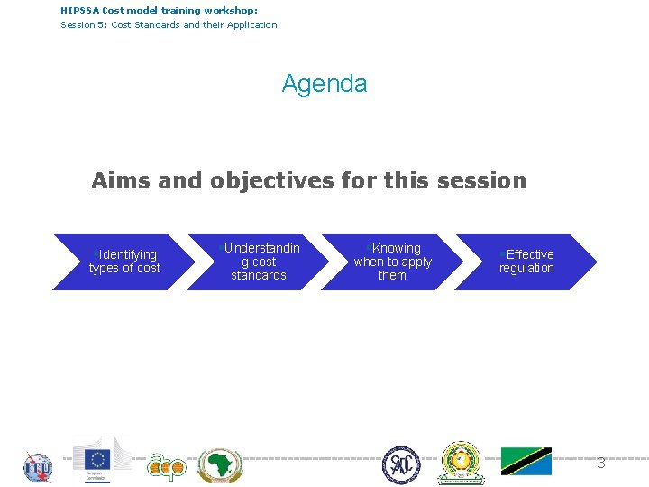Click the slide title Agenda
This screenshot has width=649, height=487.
324,84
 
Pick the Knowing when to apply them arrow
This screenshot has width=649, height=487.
392,262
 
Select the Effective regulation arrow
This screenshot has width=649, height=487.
526,262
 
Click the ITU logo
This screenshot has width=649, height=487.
38,466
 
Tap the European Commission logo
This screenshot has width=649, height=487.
101,460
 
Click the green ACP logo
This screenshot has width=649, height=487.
166,465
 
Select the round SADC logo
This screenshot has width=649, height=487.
400,465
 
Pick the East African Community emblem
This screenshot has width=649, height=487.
461,463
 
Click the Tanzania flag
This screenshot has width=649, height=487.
526,461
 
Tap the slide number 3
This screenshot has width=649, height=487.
600,464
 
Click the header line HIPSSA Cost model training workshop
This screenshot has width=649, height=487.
159,10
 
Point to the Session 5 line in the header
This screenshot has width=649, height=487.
169,24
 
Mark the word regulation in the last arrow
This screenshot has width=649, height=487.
526,269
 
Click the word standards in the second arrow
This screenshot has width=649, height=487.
259,276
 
